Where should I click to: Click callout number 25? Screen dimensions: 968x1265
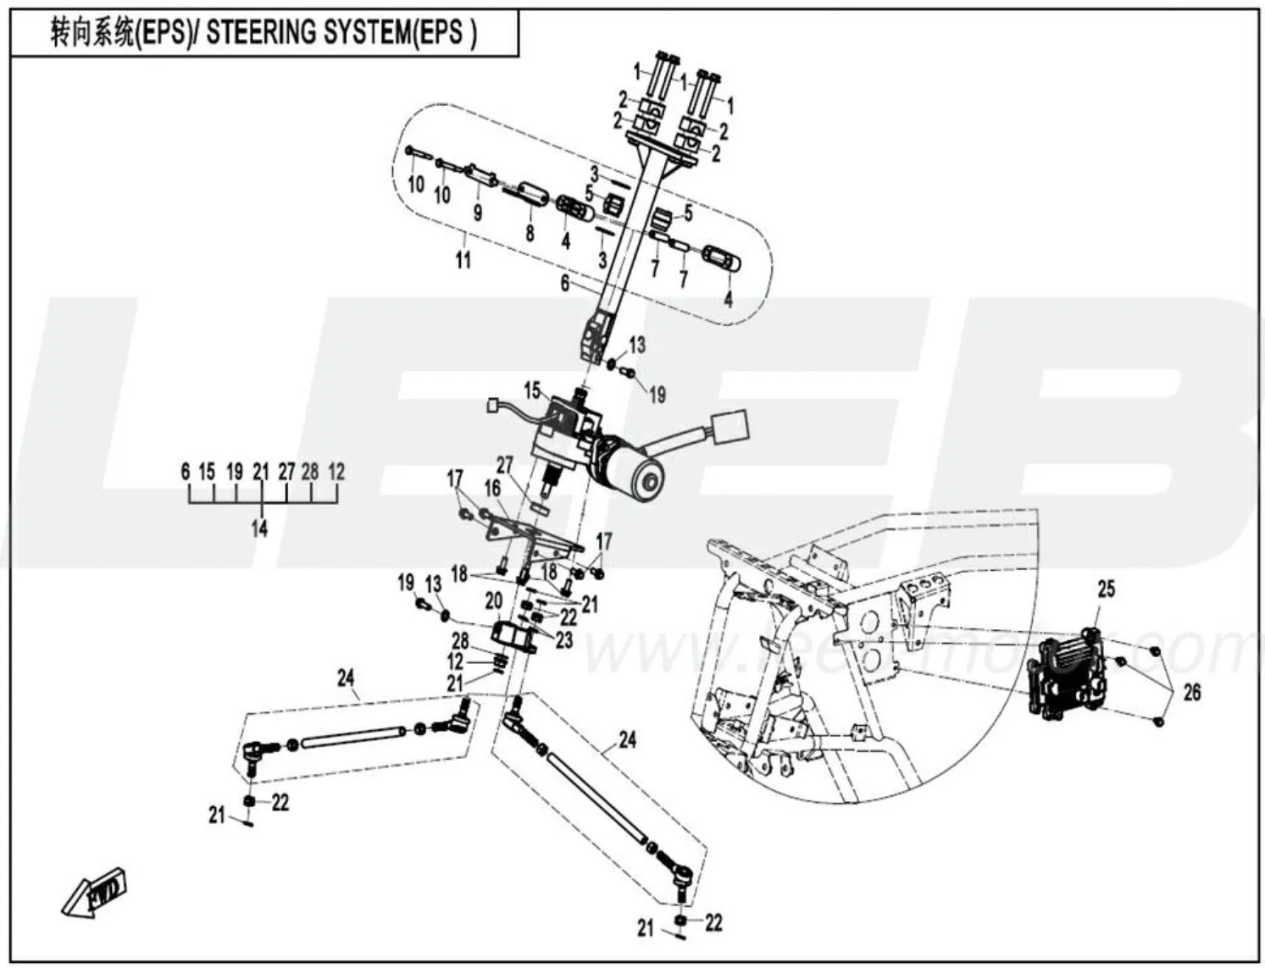[1106, 589]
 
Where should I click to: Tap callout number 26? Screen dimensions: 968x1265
[1191, 692]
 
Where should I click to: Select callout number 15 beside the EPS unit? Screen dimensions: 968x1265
[531, 391]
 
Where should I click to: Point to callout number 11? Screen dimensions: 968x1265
[463, 259]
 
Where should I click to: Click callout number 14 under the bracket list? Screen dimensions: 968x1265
[259, 528]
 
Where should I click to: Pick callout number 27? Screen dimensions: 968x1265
[505, 465]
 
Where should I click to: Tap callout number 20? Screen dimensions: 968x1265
[493, 600]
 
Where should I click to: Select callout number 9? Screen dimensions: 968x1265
[478, 212]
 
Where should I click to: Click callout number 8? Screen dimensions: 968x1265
[530, 232]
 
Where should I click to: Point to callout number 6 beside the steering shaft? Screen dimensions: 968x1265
[564, 285]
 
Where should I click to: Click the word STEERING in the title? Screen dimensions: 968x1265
[264, 33]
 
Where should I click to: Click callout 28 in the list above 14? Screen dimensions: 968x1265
[310, 471]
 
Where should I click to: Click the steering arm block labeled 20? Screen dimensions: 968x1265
[513, 636]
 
